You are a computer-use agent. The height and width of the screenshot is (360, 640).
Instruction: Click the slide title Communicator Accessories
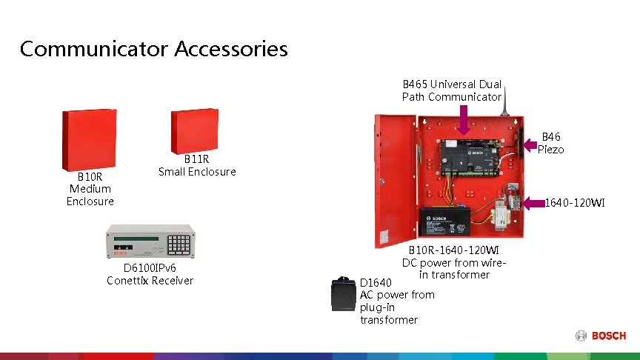153,49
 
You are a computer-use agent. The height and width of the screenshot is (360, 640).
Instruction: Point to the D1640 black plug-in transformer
341,294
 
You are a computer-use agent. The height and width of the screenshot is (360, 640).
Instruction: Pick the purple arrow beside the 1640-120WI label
534,201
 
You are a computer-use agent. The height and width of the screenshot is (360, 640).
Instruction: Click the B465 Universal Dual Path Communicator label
452,90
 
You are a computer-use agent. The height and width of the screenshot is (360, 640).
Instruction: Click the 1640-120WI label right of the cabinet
575,201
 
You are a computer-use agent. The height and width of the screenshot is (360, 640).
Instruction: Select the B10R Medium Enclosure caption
90,189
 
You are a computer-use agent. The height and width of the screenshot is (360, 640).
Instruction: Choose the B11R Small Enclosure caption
197,165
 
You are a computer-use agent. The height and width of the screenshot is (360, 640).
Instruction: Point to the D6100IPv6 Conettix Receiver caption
150,274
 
